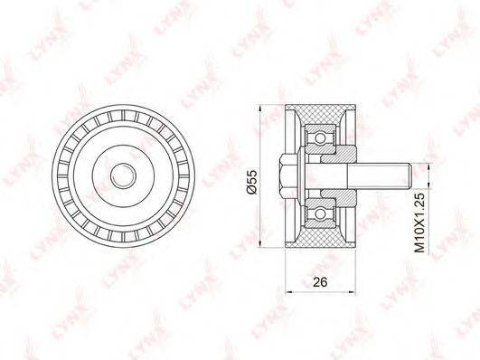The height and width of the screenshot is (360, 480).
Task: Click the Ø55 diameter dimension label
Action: click(x=252, y=182)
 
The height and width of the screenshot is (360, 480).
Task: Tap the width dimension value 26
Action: click(x=320, y=282)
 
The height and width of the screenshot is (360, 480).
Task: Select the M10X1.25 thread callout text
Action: click(x=420, y=223)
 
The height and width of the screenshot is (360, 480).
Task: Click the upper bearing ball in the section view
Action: click(x=320, y=138)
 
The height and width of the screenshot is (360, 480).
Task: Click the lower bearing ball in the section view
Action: click(x=320, y=213)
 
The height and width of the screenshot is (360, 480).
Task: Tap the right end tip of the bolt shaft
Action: click(x=414, y=175)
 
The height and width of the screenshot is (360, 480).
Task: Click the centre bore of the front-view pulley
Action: click(x=123, y=175)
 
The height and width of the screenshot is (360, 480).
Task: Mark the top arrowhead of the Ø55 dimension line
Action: click(x=260, y=109)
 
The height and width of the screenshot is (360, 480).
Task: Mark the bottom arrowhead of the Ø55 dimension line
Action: click(x=260, y=243)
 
